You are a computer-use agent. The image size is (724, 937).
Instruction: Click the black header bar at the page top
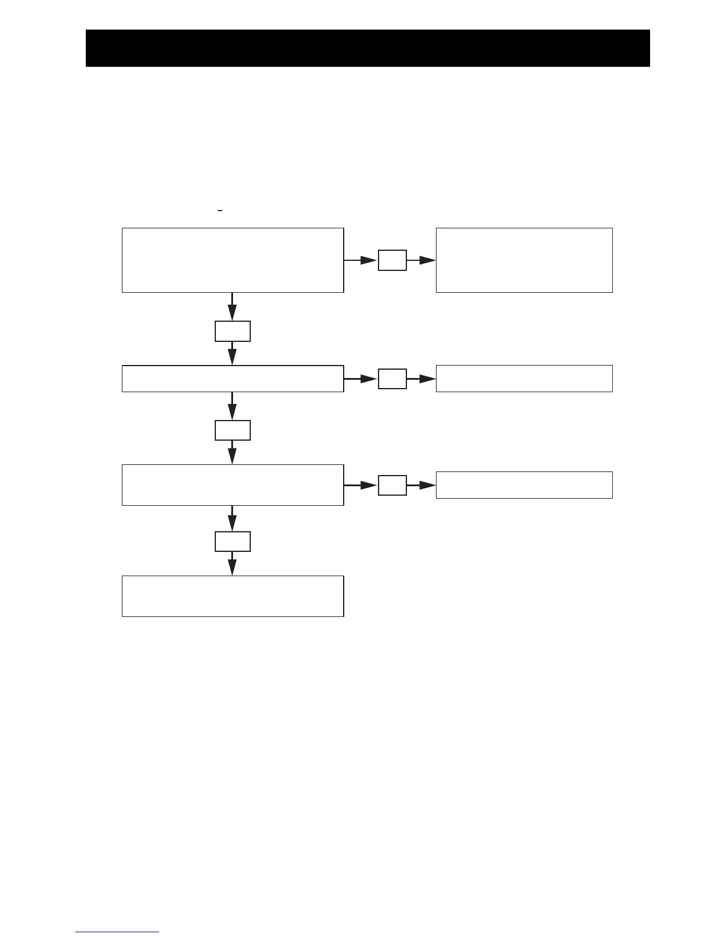pos(367,48)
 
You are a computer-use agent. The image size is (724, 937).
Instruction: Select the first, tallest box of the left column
pos(232,260)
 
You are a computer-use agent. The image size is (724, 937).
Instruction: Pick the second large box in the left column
pos(232,379)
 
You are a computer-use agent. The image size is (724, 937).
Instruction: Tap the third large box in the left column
pos(232,485)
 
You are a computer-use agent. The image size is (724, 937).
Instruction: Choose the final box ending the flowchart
pos(232,596)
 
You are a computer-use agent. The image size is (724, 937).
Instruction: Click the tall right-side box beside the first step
pos(523,260)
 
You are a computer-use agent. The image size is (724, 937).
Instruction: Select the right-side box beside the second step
pos(523,379)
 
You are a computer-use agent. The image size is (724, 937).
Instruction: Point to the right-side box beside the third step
pos(523,485)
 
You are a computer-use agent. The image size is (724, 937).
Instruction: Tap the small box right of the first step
pos(392,260)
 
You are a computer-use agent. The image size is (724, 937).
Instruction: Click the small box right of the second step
pos(392,379)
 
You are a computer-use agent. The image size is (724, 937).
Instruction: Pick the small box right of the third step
pos(392,485)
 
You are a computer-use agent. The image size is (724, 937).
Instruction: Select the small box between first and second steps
pos(232,331)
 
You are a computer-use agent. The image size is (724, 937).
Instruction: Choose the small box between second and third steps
pos(232,430)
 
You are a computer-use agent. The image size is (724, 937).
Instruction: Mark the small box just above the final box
pos(232,541)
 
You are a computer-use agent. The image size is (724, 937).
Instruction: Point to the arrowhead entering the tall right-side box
pos(428,260)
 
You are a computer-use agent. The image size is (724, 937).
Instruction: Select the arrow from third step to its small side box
pos(360,485)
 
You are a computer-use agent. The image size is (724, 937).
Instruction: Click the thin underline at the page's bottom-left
pos(117,932)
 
